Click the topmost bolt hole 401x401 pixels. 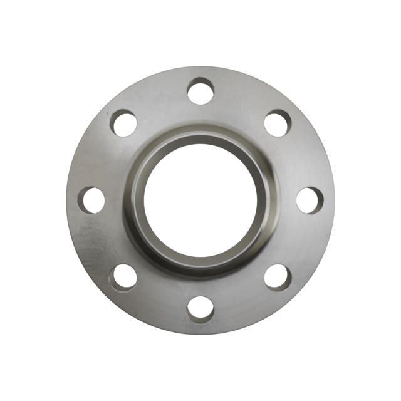[200, 91]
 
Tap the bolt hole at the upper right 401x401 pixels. [278, 123]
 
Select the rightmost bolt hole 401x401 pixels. [310, 200]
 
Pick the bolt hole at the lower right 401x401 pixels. [278, 277]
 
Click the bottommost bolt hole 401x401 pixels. [200, 309]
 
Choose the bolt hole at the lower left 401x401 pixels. [123, 277]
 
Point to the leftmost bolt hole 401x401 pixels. [91, 200]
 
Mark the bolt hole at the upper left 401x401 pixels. [124, 123]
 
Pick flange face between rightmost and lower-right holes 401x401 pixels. [301, 242]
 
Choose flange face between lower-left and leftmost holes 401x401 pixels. [100, 242]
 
